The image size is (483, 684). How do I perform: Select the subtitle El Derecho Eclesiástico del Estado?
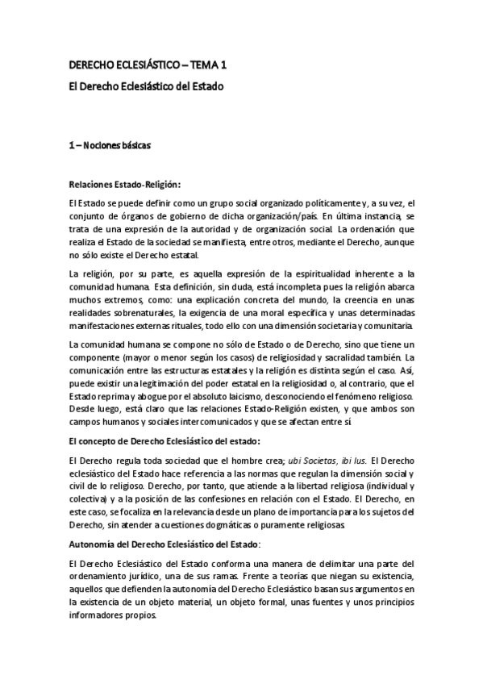(146, 85)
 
